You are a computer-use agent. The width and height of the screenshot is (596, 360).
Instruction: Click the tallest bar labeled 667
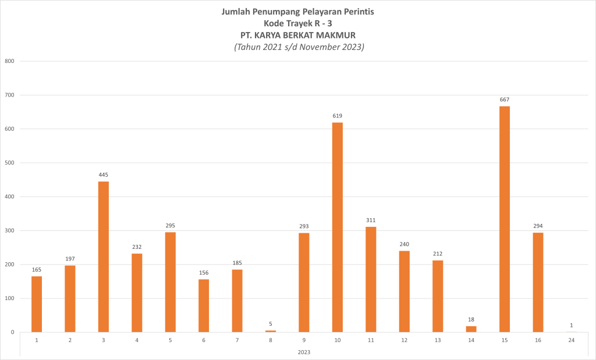[x=505, y=219]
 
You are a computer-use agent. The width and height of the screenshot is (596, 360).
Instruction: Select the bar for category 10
[x=338, y=227]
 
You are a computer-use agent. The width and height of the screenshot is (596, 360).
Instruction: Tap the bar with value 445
[x=104, y=256]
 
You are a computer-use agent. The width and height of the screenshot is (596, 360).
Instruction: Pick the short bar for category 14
[x=471, y=329]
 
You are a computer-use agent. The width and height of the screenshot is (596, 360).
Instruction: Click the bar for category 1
[x=37, y=304]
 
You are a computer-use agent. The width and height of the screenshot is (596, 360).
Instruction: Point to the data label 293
[x=304, y=226]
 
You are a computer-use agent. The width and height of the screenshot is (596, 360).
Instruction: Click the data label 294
[x=538, y=226]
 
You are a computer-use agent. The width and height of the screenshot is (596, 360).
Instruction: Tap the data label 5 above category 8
[x=271, y=324]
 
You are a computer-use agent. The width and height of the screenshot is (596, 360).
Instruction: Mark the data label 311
[x=371, y=220]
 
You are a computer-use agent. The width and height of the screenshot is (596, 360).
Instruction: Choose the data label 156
[x=204, y=273]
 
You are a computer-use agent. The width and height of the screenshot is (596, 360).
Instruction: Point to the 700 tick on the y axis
[x=9, y=95]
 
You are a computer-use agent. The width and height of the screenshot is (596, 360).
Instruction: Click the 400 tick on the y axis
[x=9, y=197]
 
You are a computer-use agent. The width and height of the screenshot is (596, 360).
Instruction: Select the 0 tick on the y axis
[x=12, y=332]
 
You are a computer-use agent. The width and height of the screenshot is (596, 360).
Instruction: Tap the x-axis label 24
[x=572, y=340]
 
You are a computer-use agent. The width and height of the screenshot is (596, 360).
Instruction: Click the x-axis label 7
[x=237, y=340]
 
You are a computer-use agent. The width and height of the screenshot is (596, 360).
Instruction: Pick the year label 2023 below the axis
[x=304, y=352]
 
